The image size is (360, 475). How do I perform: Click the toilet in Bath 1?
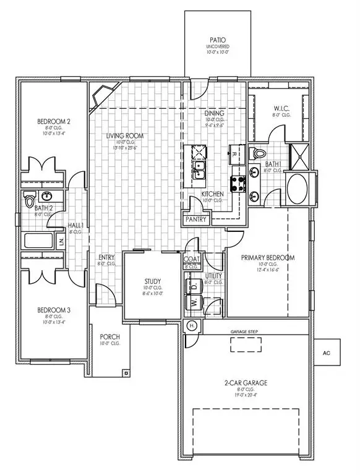tap(259, 153)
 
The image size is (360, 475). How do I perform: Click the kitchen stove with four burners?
tap(238, 183)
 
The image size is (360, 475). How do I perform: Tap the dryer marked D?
tap(194, 286)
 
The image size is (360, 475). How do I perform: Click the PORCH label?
tap(109, 338)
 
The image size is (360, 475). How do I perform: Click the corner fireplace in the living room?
tap(100, 97)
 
